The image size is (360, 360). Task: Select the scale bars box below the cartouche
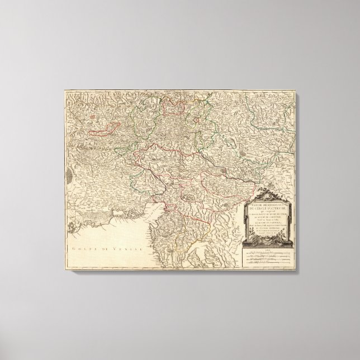269,254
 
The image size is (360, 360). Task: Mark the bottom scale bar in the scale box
269,262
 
